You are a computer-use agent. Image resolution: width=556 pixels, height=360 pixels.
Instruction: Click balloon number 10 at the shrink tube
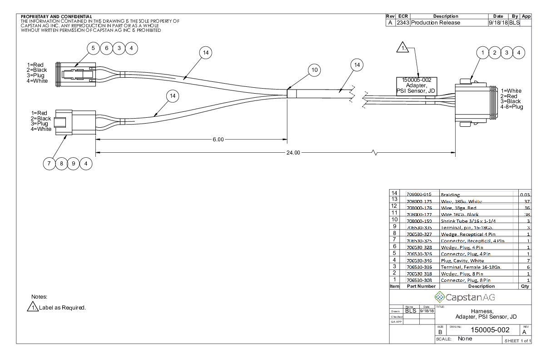(313, 70)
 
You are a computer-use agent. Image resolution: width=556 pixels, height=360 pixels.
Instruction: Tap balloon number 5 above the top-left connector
(94, 48)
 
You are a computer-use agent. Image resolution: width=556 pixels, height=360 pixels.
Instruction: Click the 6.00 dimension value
(218, 140)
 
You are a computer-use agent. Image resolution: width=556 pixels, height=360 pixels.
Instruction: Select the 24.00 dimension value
(293, 153)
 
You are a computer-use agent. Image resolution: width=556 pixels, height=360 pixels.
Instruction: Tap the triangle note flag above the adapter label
(403, 47)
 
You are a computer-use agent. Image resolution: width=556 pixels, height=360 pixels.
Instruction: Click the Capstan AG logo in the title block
(460, 298)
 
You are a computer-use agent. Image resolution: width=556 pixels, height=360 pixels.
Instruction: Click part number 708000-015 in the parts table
(420, 194)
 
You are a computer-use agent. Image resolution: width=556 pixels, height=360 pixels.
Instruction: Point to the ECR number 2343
(402, 23)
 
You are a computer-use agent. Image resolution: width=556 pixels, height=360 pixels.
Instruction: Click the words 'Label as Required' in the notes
(63, 308)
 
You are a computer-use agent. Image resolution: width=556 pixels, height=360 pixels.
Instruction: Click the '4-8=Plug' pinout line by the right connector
(511, 107)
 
